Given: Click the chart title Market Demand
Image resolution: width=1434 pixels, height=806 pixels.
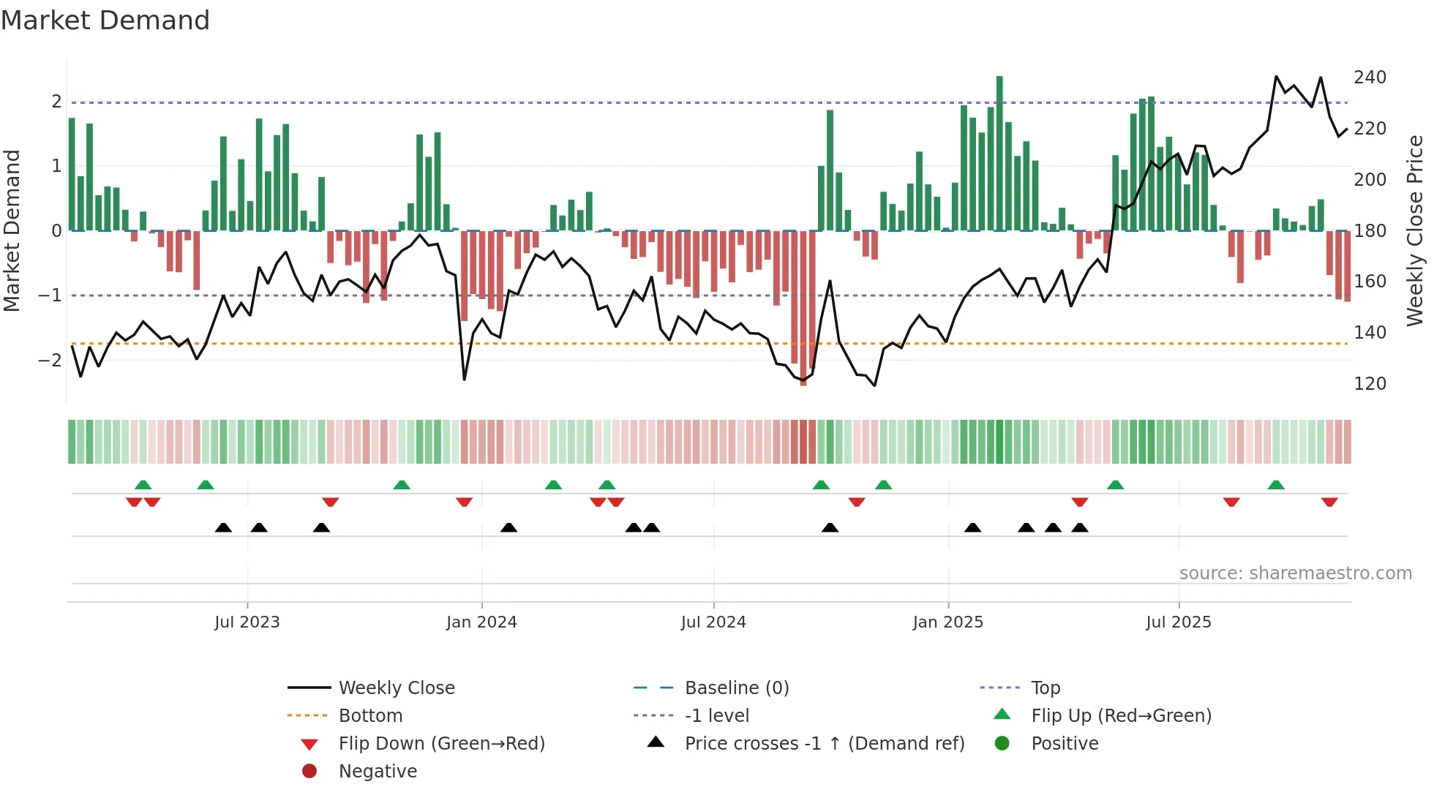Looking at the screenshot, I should (105, 20).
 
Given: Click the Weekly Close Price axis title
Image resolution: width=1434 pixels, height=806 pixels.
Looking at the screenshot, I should (1415, 230).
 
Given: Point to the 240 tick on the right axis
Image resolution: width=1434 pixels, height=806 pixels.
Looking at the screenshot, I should (1370, 78).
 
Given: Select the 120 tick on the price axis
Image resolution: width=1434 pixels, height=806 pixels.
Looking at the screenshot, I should (1370, 384).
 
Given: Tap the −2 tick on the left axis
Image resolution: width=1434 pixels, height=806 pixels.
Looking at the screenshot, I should (50, 360).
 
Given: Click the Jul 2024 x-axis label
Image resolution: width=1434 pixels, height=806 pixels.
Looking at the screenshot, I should (713, 622).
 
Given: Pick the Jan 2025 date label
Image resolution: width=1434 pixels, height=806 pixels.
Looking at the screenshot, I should (947, 622).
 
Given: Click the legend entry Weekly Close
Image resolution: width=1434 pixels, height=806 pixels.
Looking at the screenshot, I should (397, 688).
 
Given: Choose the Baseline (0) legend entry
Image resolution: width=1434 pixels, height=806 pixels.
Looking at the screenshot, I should (737, 688).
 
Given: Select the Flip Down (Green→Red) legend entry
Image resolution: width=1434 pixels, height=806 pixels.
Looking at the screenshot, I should (441, 744).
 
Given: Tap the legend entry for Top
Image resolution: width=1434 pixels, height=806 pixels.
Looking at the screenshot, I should (1046, 688).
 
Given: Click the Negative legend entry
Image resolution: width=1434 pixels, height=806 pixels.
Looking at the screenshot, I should (378, 772).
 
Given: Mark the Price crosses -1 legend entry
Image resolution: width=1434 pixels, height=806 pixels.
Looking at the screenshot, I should (825, 744).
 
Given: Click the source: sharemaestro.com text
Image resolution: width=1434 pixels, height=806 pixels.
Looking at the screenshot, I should (1295, 573).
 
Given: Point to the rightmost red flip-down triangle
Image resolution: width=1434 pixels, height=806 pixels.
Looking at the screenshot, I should (1329, 502).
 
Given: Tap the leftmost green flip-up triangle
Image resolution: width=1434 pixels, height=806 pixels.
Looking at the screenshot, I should (143, 485).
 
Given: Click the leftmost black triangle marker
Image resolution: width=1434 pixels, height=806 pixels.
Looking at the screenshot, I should (223, 527).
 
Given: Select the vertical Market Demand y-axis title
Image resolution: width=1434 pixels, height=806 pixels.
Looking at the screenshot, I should (12, 230).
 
